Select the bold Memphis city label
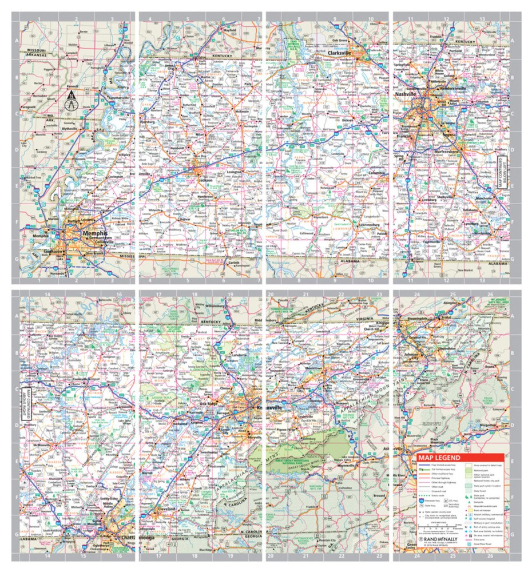[x=96, y=233]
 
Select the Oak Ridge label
[x=209, y=404]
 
